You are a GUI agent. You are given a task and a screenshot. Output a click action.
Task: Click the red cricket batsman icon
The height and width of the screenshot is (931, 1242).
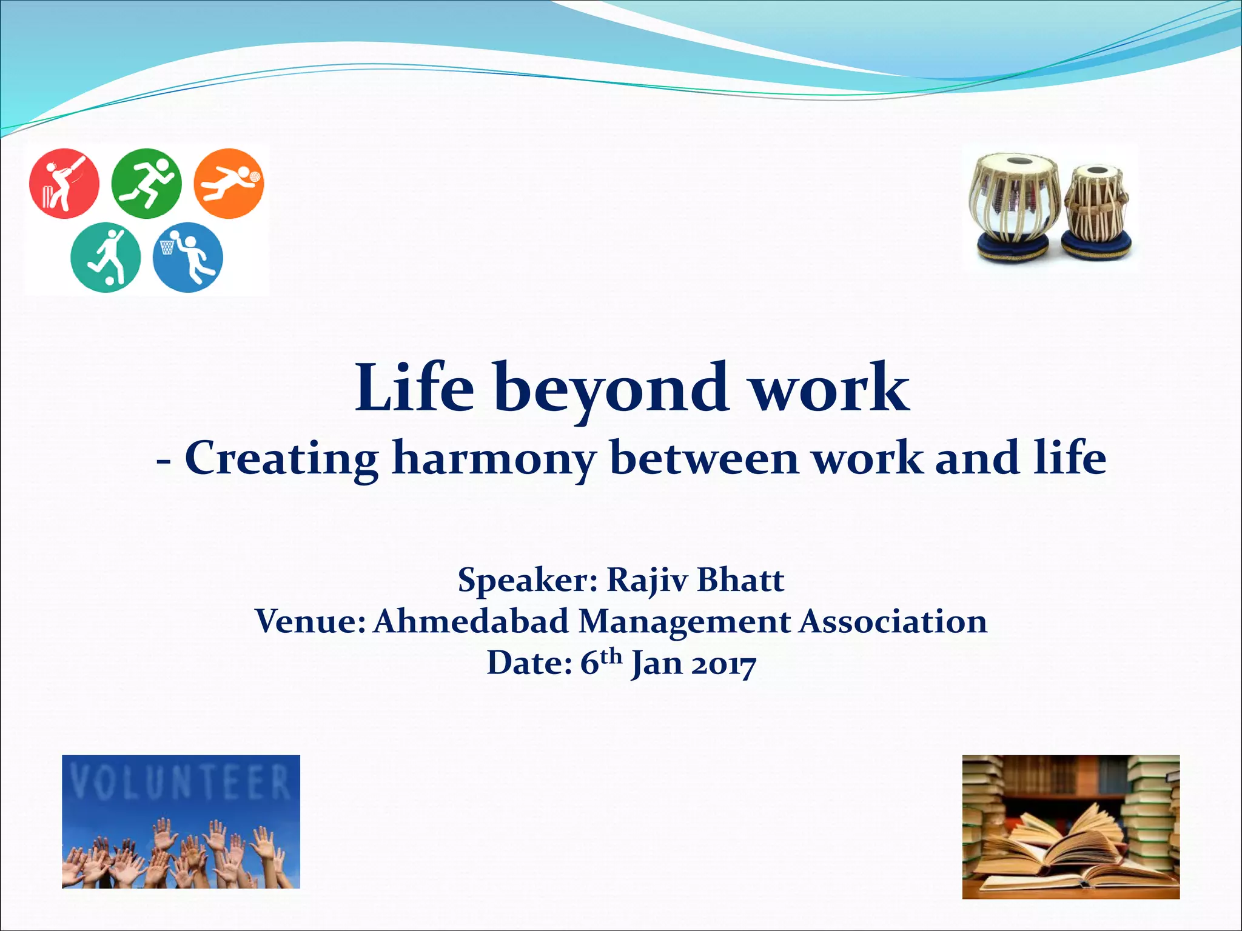click(x=64, y=183)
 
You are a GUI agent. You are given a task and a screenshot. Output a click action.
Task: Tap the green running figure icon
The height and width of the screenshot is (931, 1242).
click(x=146, y=183)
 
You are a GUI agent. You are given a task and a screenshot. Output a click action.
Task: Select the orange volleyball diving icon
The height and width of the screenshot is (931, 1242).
click(x=229, y=183)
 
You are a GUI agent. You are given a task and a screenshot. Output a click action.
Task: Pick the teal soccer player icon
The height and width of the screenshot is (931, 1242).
click(x=106, y=258)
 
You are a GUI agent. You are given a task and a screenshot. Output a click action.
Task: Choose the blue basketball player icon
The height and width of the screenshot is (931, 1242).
click(x=187, y=258)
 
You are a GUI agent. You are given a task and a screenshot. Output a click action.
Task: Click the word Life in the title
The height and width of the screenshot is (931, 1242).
click(x=414, y=388)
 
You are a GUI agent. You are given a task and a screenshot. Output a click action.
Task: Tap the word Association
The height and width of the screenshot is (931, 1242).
click(x=893, y=621)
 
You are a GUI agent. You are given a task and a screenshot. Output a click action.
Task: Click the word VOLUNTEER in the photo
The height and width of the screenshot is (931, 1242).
click(x=181, y=782)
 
